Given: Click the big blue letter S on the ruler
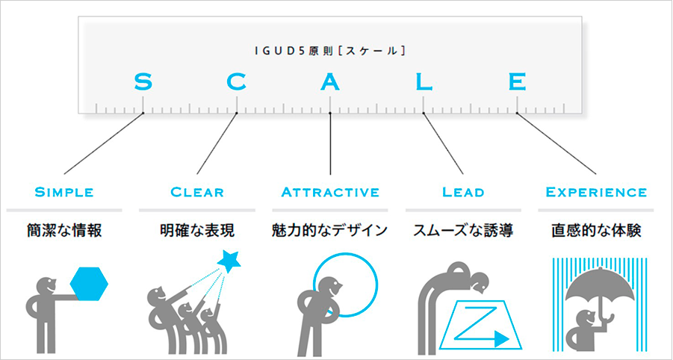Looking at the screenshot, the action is coord(143,81).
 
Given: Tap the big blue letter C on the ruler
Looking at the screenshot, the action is coord(237,81).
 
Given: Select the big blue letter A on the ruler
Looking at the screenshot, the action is coord(330,81).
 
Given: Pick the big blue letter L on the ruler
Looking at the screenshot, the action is coord(424,81).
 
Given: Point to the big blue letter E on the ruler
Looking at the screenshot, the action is coord(517,81).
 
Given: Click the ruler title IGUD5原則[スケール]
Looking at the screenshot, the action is coord(330,51).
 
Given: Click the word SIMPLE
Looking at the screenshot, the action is coord(64,192).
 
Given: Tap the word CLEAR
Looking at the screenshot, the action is coord(197,192).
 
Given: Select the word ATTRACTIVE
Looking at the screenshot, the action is coord(330,192).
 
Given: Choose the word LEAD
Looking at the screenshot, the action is coord(463,192).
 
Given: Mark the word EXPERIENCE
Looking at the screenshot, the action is coord(596,192).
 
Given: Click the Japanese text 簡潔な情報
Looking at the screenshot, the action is coord(64,231).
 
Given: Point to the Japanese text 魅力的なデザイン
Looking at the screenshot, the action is coord(329,231).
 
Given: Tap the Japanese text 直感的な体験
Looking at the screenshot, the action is coord(596,231).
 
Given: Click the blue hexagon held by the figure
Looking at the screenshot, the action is coord(89,284).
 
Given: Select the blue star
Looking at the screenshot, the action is coord(229,261).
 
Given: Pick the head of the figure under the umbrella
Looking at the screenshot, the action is coord(586,320).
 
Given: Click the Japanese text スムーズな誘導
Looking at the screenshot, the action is coord(463,231).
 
